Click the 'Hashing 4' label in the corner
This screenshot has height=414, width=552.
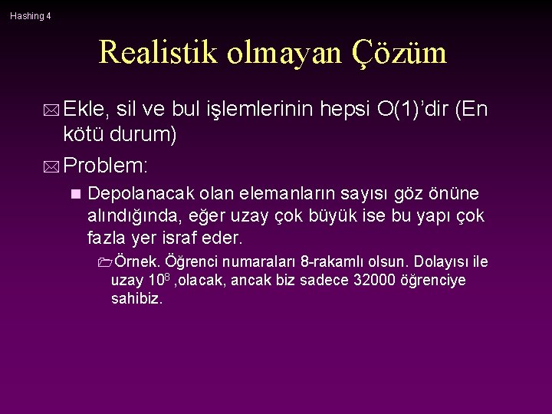pos(31,15)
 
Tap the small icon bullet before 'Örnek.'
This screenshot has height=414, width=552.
pos(104,262)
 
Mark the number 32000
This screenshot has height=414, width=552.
pos(376,281)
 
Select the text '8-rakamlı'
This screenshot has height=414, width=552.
pos(328,262)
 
